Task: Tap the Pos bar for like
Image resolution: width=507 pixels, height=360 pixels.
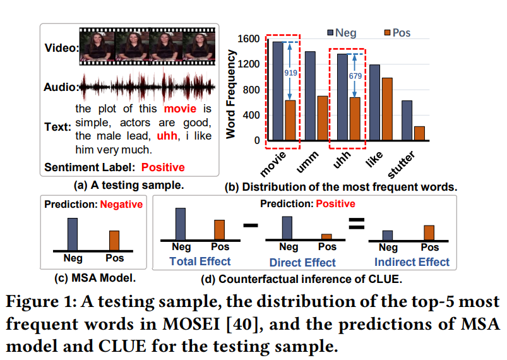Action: pos(386,111)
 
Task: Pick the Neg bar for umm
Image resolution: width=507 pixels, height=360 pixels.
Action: pos(309,98)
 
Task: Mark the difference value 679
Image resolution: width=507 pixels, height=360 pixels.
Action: pos(355,76)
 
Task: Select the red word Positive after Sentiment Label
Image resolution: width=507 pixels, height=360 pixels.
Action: pos(163,167)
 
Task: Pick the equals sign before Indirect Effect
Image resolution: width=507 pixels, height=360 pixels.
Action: pos(357,224)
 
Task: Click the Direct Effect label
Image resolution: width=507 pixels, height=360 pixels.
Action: pos(302,262)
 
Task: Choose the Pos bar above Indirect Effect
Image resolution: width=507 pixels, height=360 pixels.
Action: pos(429,232)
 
